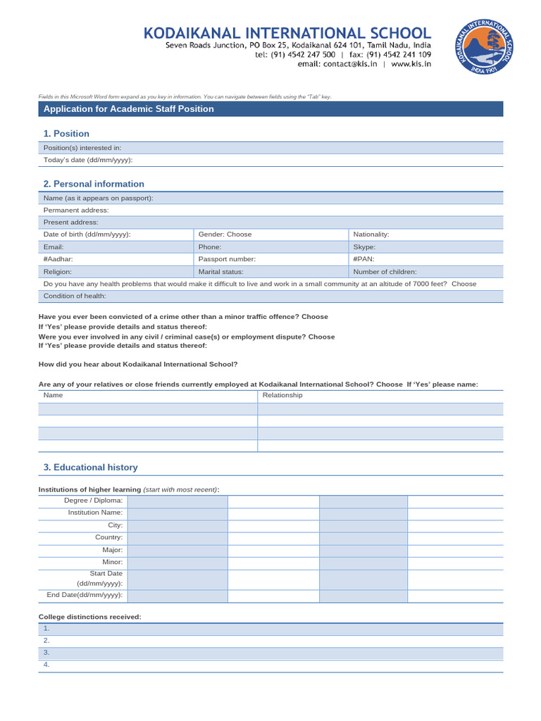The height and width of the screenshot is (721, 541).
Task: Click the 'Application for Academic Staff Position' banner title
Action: point(129,109)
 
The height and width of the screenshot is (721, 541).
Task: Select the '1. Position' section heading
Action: point(66,134)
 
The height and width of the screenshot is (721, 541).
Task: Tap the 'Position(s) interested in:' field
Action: point(270,148)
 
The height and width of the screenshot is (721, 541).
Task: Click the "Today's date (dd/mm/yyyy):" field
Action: point(270,160)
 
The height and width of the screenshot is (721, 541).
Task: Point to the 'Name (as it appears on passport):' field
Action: point(270,199)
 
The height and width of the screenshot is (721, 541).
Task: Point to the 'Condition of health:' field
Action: point(270,296)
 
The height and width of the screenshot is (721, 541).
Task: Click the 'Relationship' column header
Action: point(282,396)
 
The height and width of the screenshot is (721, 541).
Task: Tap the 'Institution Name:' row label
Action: point(95,513)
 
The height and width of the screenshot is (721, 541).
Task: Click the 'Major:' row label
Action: point(112,550)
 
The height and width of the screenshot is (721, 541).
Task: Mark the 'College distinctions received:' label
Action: point(89,617)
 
